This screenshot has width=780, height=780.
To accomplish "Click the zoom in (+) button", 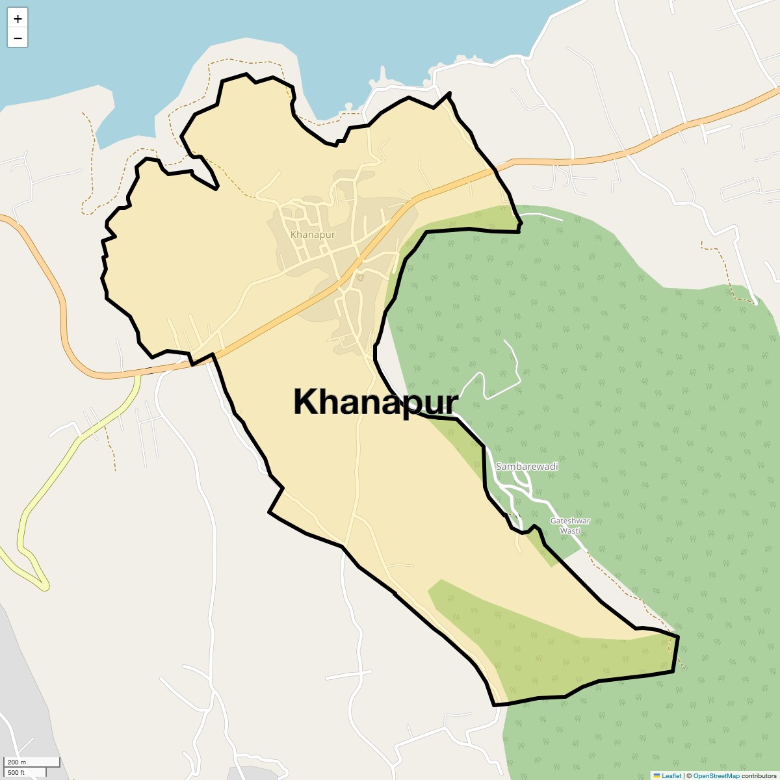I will (18, 19).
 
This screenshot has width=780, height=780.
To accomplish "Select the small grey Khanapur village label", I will (313, 234).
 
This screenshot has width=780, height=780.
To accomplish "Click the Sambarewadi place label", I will (526, 467).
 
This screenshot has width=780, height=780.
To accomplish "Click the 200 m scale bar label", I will (18, 762).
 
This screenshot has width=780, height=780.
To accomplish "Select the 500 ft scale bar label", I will (16, 772).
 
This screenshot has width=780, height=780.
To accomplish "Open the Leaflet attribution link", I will (671, 775).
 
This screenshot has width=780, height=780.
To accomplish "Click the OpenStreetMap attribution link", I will (716, 775).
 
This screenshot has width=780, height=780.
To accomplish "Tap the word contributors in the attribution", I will (759, 775).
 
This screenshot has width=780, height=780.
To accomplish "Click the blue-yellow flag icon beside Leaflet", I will (656, 775).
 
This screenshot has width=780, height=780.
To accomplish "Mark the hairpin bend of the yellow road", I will (44, 585).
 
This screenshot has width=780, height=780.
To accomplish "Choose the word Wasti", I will (570, 530).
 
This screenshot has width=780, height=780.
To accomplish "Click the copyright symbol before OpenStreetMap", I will (689, 775).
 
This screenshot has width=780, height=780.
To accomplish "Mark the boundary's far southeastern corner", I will (677, 638).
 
